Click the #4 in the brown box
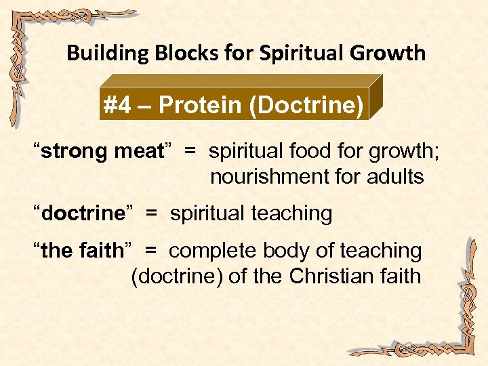coord(119,106)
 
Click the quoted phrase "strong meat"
coord(102,150)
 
